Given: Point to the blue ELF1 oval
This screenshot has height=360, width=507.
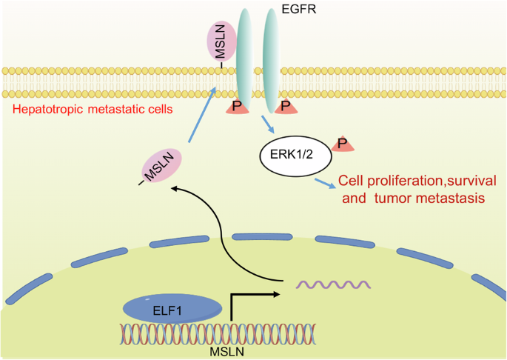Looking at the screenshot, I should pos(171,307).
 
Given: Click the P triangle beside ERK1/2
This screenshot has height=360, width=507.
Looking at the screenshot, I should pos(342,143).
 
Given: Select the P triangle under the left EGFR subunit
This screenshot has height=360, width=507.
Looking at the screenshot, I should pos(238,107).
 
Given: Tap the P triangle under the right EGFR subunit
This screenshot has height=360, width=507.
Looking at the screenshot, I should pos(282,107).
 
